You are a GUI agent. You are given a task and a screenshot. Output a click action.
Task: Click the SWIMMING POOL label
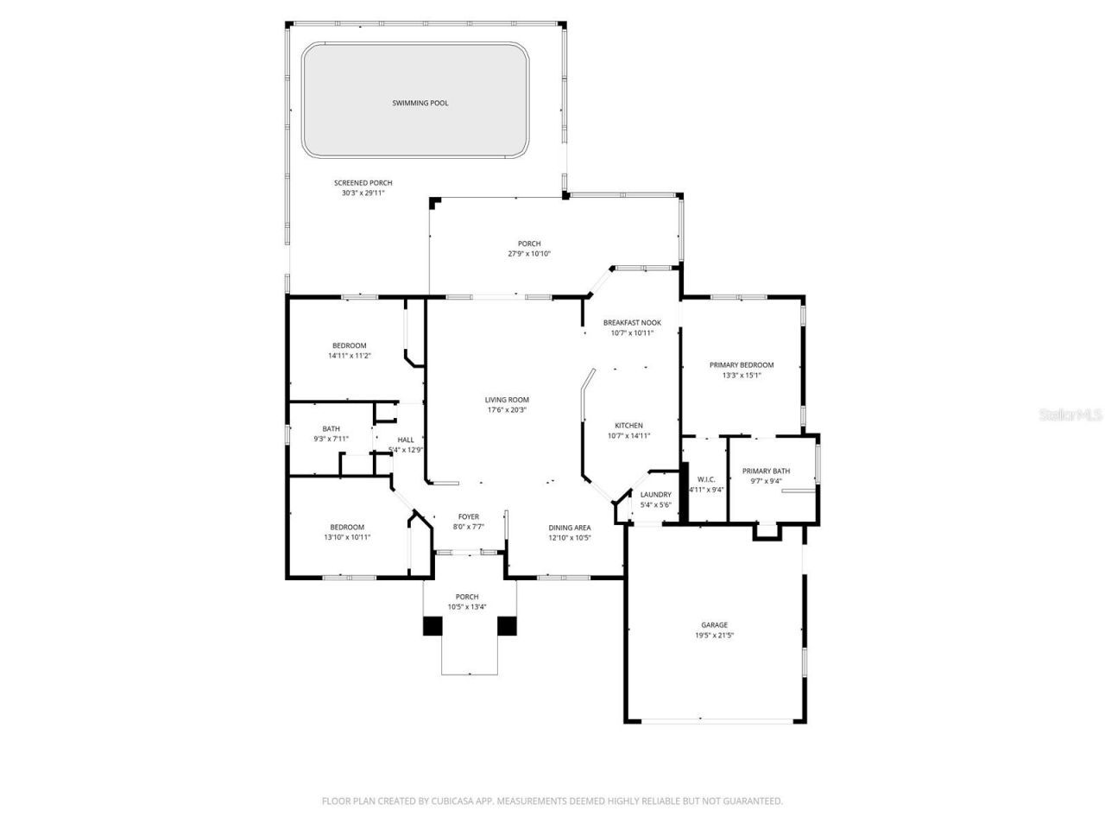(x=420, y=103)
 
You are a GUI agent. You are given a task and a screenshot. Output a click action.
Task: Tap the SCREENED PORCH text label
(x=363, y=183)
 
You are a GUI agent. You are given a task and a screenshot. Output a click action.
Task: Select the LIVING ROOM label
(x=507, y=400)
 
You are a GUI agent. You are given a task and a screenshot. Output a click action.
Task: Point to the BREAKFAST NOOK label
(x=632, y=322)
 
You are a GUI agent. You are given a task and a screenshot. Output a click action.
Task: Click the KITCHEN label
(x=628, y=426)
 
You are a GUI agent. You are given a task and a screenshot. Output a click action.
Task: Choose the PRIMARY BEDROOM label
(x=742, y=365)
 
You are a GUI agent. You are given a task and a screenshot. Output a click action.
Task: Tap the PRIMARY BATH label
(x=766, y=471)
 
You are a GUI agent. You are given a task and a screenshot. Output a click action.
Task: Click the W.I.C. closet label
(x=706, y=479)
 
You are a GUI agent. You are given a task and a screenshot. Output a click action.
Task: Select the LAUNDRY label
(x=655, y=495)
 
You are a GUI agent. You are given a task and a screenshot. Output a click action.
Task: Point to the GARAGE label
(x=714, y=625)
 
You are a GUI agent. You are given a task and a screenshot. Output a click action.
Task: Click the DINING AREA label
(x=570, y=528)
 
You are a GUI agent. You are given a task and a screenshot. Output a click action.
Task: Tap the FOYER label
(x=469, y=516)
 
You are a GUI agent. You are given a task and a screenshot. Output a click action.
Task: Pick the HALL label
(x=406, y=440)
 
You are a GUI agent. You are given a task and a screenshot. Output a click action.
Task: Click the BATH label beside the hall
(x=331, y=428)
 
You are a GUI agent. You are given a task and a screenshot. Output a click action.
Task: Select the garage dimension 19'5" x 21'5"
(x=714, y=636)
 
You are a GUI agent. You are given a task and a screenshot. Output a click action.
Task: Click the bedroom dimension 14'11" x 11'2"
(x=350, y=356)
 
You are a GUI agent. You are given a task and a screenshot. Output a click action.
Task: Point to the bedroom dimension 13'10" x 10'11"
(x=347, y=537)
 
